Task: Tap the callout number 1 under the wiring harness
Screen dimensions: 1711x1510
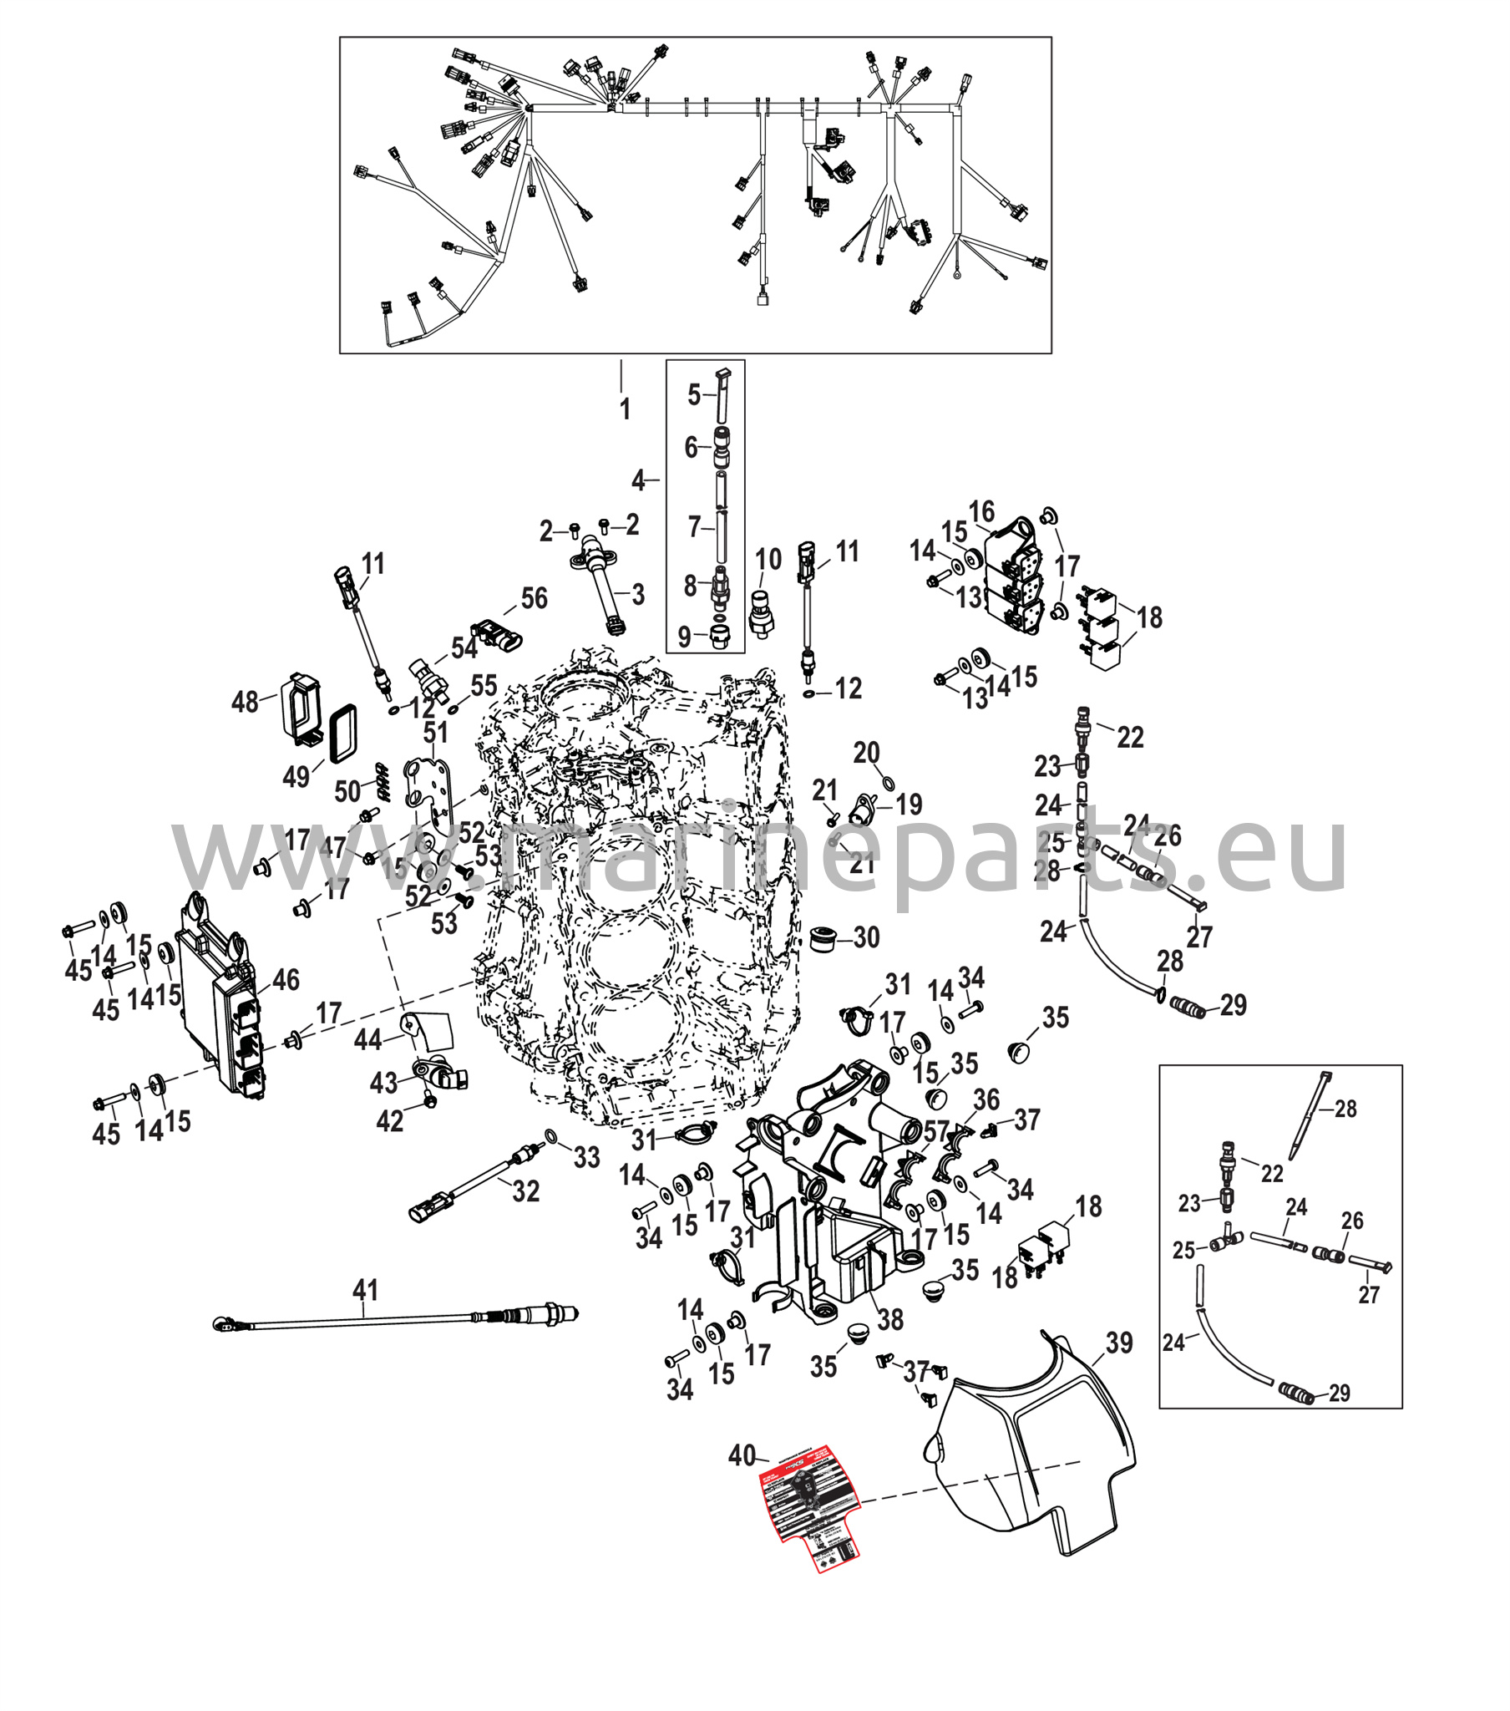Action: point(625,409)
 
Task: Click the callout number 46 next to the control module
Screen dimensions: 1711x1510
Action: point(286,980)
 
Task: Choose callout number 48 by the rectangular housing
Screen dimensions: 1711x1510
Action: point(245,702)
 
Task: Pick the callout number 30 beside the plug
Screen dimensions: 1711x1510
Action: point(866,937)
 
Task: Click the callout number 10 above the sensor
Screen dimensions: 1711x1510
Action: point(768,559)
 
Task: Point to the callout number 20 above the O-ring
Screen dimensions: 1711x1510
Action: point(866,753)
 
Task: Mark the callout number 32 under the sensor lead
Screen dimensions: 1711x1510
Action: point(525,1191)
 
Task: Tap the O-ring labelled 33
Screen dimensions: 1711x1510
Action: point(552,1136)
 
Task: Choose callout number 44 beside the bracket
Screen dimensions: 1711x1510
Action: point(367,1039)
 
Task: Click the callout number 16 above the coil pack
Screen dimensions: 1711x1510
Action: point(981,511)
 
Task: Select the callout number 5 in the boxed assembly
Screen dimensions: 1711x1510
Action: point(694,394)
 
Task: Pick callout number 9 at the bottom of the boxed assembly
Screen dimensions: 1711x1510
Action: point(684,636)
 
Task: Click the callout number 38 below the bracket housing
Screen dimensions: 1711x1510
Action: point(889,1320)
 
